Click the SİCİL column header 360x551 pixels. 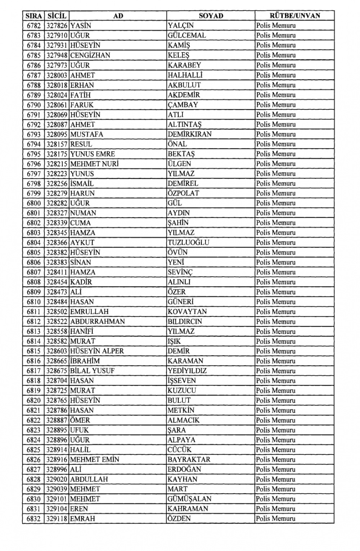pyautogui.click(x=57, y=16)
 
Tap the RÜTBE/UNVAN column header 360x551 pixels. pyautogui.click(x=294, y=16)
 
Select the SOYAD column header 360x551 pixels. pyautogui.click(x=211, y=16)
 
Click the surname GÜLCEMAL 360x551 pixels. pyautogui.click(x=187, y=36)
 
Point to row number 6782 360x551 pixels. pyautogui.click(x=33, y=26)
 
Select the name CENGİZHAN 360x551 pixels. pyautogui.click(x=90, y=55)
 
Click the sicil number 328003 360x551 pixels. pyautogui.click(x=57, y=75)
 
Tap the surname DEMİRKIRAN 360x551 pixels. pyautogui.click(x=190, y=134)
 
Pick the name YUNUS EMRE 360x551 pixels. pyautogui.click(x=93, y=154)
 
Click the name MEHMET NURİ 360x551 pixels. pyautogui.click(x=94, y=164)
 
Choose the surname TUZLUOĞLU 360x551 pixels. pyautogui.click(x=188, y=243)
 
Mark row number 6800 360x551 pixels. pyautogui.click(x=33, y=203)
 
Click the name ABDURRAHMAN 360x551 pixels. pyautogui.click(x=98, y=321)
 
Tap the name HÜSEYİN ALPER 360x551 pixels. pyautogui.click(x=97, y=351)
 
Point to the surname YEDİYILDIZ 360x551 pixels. pyautogui.click(x=187, y=371)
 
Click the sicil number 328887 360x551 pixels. pyautogui.click(x=57, y=420)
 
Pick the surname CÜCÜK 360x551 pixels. pyautogui.click(x=179, y=450)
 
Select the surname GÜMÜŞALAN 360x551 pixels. pyautogui.click(x=189, y=499)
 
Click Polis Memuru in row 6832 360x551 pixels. pyautogui.click(x=276, y=519)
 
